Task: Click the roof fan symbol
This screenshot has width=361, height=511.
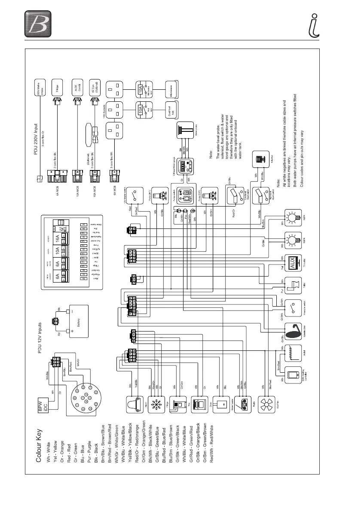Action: [x=267, y=405]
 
